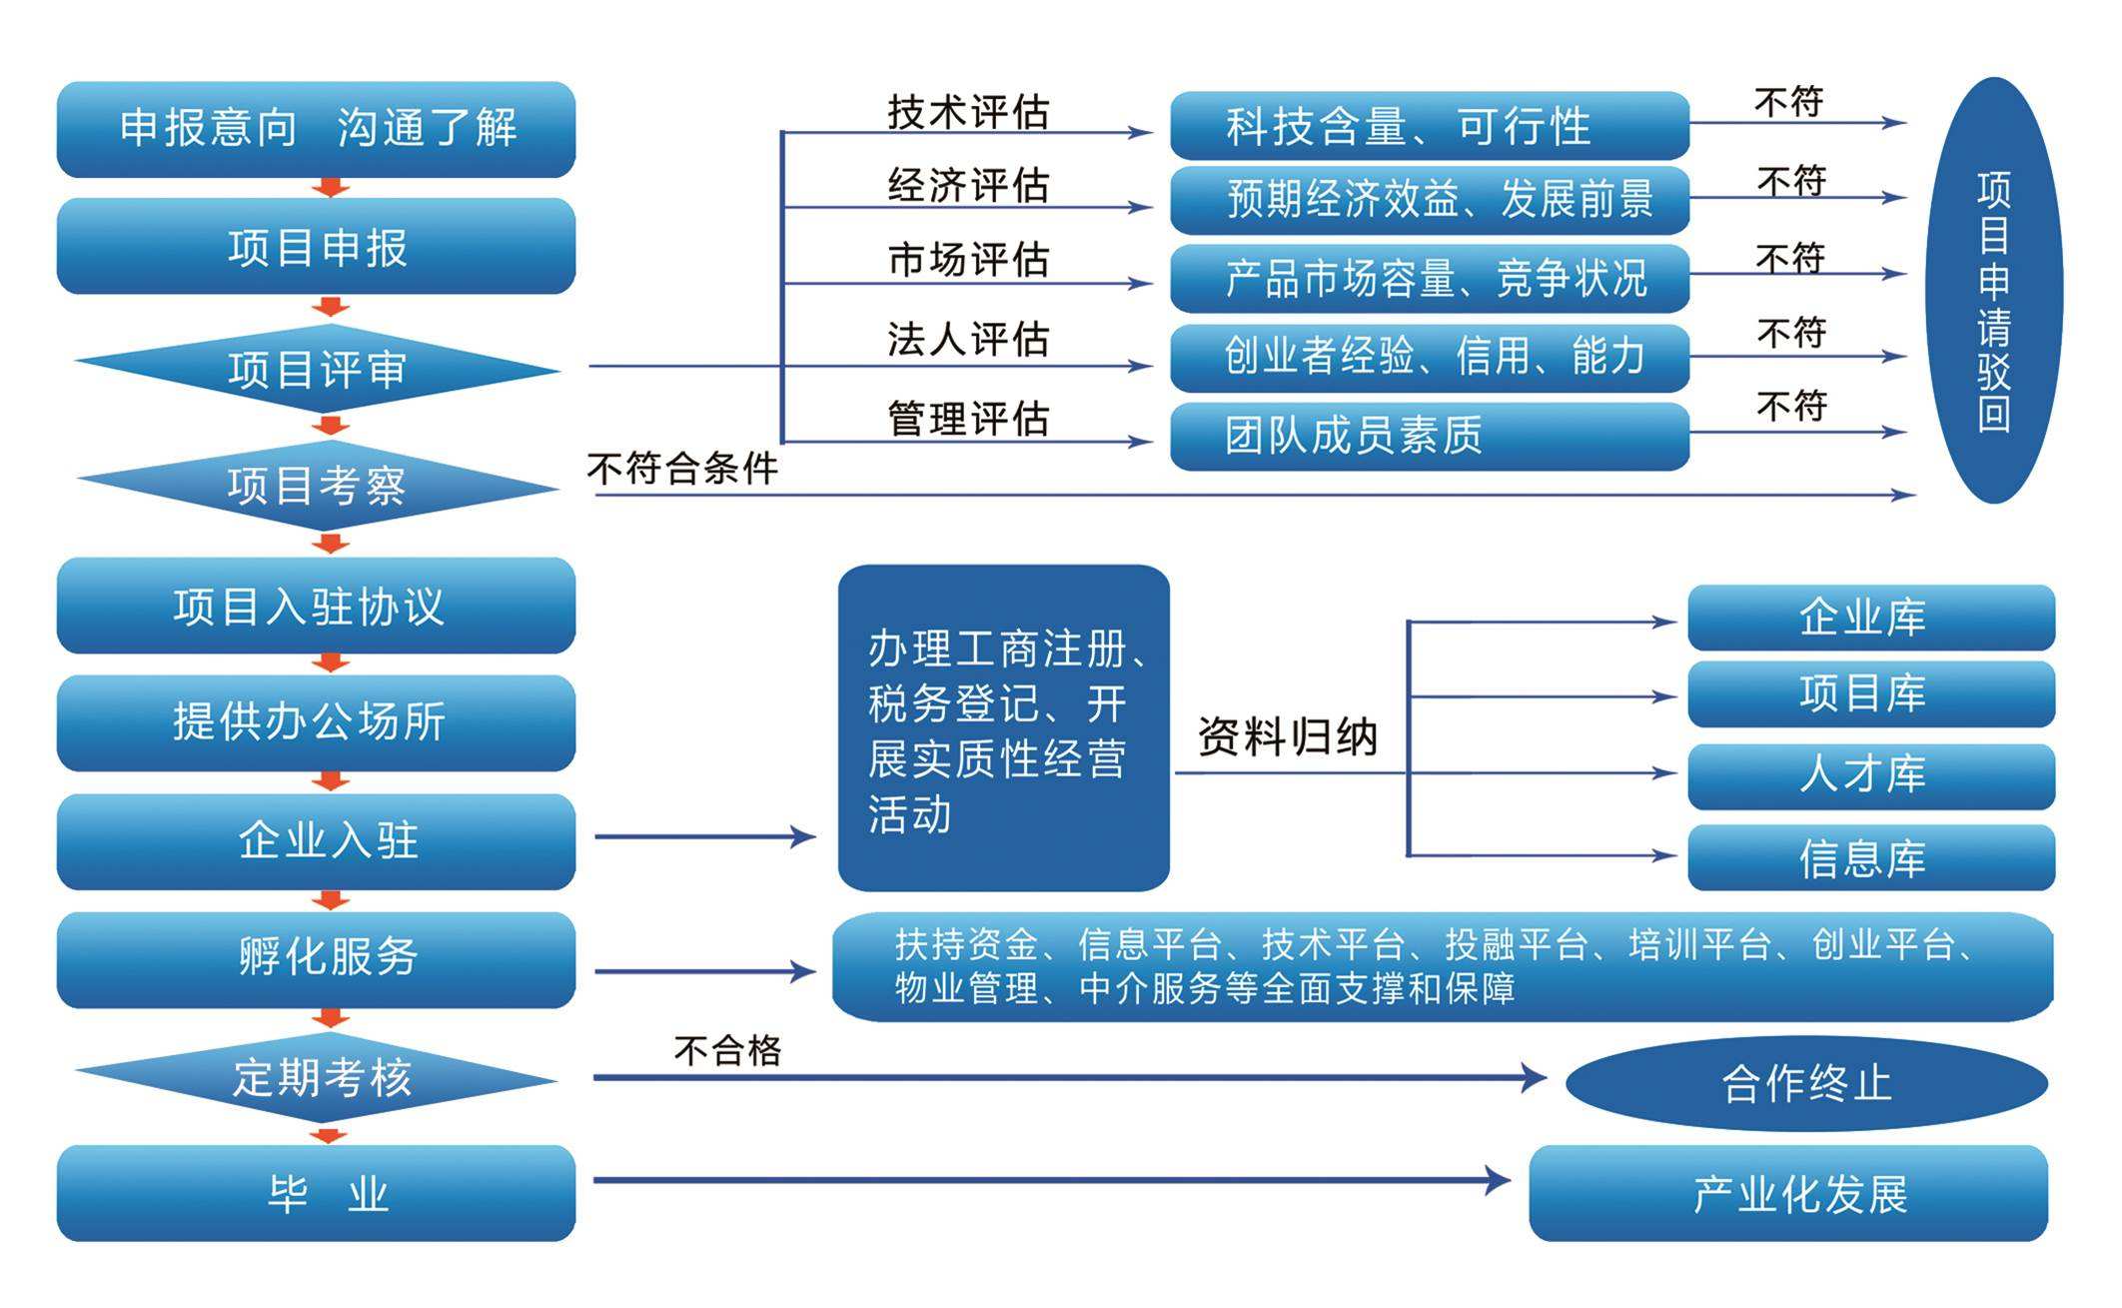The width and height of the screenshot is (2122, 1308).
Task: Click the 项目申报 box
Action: pos(316,246)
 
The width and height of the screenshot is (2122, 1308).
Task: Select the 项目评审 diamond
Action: pos(317,369)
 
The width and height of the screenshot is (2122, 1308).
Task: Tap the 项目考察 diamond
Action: pos(317,486)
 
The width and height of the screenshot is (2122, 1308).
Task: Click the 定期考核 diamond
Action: pos(317,1077)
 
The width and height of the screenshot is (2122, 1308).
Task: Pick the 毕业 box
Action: pos(316,1193)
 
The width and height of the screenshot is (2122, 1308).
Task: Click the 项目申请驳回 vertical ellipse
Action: pos(1994,290)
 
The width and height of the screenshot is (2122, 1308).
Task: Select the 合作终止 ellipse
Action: pos(1806,1083)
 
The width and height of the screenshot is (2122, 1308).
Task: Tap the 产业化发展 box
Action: pos(1788,1193)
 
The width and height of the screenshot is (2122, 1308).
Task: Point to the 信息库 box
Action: pos(1871,857)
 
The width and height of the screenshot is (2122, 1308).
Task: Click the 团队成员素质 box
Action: pos(1430,436)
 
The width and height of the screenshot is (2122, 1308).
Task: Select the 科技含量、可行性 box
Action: pos(1430,126)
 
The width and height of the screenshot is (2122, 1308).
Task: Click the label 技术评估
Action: pos(968,111)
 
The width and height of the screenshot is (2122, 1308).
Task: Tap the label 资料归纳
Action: pos(1287,737)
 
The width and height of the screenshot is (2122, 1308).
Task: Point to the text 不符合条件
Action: pos(682,468)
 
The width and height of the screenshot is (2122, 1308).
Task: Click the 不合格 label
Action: pos(727,1050)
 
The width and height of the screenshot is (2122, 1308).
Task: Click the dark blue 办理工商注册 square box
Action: pos(1003,727)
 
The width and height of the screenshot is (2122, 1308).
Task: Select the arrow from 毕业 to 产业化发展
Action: pos(1052,1180)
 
